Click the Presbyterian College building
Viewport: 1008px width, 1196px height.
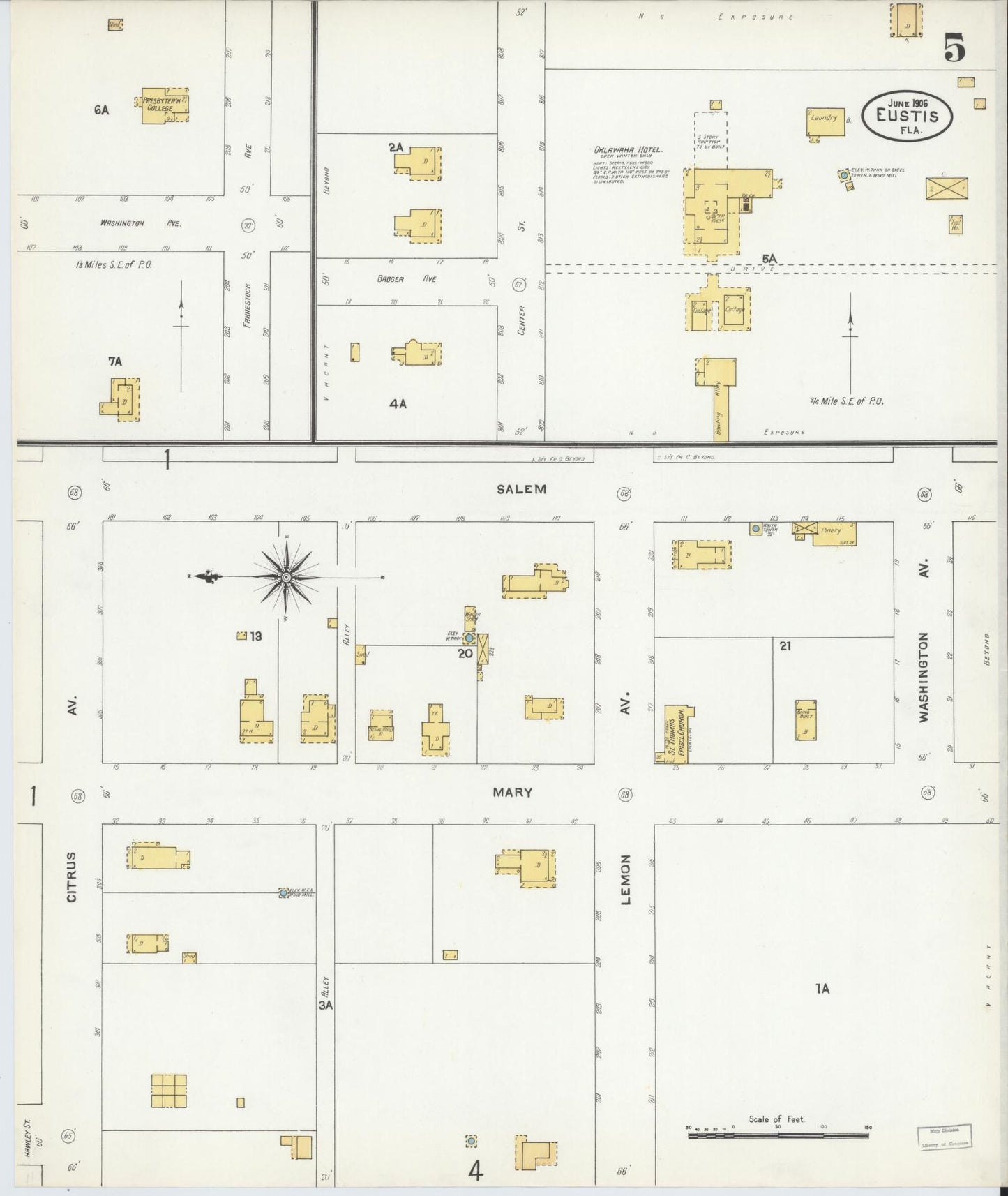(163, 106)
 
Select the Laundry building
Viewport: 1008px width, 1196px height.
(825, 121)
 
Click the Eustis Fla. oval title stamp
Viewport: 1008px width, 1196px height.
(907, 116)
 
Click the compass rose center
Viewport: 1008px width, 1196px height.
(286, 577)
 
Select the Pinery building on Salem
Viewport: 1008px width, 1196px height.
(834, 533)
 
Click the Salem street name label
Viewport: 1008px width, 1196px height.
(521, 489)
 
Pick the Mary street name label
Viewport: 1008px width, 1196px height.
(513, 793)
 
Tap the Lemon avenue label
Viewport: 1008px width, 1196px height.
(625, 879)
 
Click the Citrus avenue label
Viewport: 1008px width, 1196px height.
(72, 876)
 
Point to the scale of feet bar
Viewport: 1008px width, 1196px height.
(778, 1136)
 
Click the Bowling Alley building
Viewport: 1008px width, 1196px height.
(720, 405)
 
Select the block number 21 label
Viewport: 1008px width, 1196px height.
(785, 646)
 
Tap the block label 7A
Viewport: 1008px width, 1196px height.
(115, 361)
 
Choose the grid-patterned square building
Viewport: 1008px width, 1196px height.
(169, 1091)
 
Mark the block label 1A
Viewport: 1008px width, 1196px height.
(822, 988)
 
